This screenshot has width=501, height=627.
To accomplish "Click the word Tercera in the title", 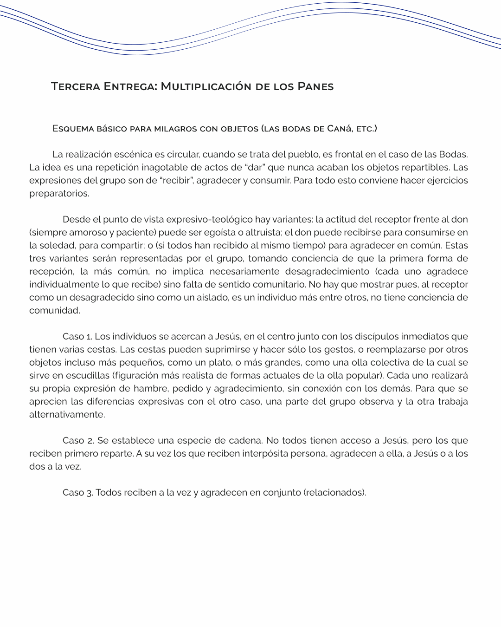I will (75, 86).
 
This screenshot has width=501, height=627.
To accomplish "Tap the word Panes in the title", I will (315, 86).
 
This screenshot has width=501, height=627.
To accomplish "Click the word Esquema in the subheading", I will (73, 129).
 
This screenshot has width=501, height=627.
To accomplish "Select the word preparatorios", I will (59, 193).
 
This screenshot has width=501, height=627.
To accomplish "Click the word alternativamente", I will (67, 414).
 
